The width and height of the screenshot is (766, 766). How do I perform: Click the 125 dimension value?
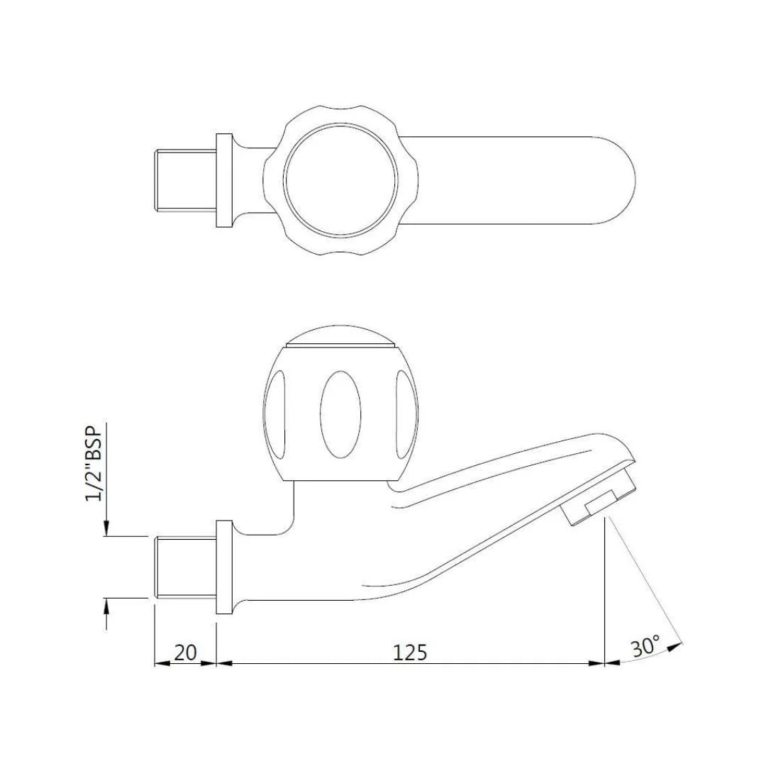tap(411, 652)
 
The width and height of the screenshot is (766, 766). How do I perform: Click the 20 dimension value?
tap(185, 652)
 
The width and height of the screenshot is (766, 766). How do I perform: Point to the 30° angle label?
tap(645, 648)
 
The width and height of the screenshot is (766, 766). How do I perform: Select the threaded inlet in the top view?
tap(185, 180)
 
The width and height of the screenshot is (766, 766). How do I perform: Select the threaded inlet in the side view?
tap(185, 567)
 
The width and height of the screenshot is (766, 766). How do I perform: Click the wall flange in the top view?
tap(224, 180)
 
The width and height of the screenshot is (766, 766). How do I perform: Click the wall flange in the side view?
tap(224, 567)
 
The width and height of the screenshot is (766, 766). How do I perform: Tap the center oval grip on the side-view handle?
tap(336, 411)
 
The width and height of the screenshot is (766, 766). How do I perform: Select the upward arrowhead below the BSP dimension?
tap(106, 605)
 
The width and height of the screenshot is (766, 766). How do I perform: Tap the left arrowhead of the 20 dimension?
tap(161, 664)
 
